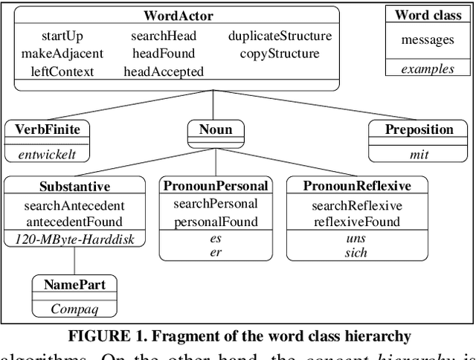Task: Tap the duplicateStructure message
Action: coord(280,35)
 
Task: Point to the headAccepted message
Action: coord(163,71)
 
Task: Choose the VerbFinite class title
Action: coord(48,129)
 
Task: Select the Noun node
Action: coord(216,129)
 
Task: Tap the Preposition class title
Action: coord(419,129)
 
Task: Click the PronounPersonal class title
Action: coord(216,186)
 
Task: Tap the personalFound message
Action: coord(216,222)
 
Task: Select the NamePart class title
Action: coord(74,284)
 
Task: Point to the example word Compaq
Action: coord(74,307)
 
